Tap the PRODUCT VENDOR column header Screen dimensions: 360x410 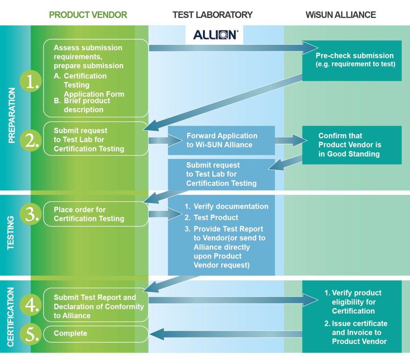pos(88,15)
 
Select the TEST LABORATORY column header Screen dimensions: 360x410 pos(213,15)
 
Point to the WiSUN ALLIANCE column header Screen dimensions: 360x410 pos(341,15)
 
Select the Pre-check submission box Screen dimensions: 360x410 pos(352,60)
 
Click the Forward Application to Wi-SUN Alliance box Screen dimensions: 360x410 pos(221,140)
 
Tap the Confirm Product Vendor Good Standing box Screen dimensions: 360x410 pos(352,145)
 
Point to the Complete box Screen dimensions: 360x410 pos(95,334)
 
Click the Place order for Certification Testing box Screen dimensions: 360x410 pos(95,214)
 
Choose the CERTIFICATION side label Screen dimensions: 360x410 pos(11,316)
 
